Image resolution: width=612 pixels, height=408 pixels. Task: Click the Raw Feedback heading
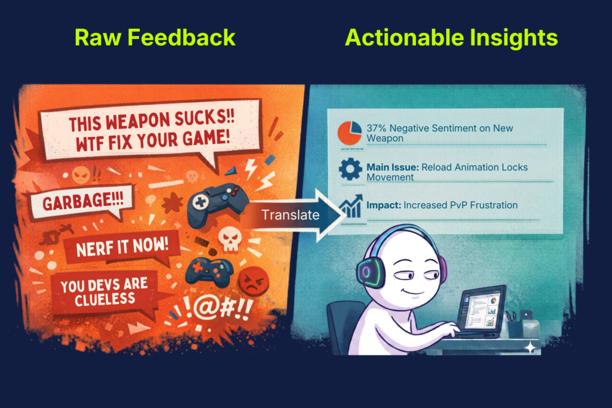155,38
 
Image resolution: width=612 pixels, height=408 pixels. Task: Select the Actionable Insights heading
452,38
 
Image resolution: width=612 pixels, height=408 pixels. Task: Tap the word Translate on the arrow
290,215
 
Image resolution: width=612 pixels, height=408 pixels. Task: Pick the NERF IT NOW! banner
122,247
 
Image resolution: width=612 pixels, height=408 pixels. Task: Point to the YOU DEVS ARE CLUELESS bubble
105,293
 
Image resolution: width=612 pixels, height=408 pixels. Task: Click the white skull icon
230,238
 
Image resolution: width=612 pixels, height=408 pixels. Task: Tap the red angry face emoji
253,281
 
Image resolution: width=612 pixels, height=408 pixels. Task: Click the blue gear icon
350,169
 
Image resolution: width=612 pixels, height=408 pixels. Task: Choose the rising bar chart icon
351,207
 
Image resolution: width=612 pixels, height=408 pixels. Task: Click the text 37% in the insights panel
377,128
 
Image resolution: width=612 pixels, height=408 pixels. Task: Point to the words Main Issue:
392,167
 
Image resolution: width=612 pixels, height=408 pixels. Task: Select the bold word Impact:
384,205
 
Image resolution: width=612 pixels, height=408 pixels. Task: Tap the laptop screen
481,311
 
